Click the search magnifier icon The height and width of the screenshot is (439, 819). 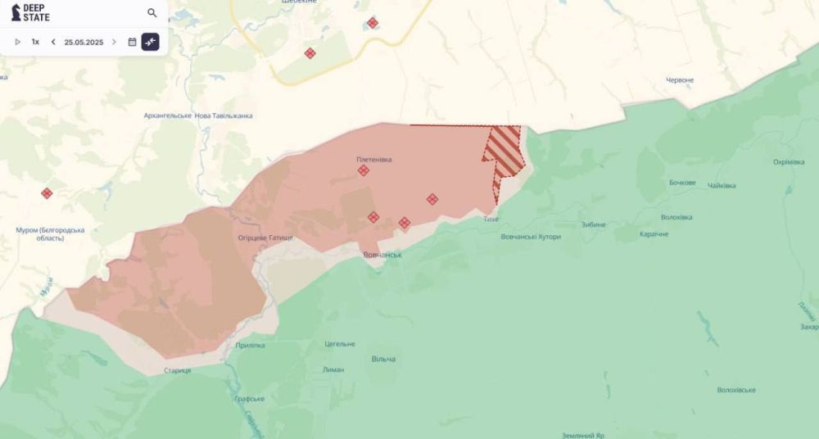click(x=152, y=13)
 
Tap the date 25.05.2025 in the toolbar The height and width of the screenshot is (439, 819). click(x=84, y=42)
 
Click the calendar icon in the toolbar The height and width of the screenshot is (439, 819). click(x=132, y=42)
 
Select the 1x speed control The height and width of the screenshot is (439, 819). click(x=35, y=42)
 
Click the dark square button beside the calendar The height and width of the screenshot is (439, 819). click(x=150, y=42)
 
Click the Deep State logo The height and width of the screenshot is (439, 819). click(x=29, y=13)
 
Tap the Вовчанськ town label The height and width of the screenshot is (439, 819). click(x=382, y=256)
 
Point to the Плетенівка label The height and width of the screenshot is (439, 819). click(x=373, y=160)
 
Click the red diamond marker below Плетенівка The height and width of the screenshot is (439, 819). click(x=363, y=170)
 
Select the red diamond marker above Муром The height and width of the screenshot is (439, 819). click(x=47, y=193)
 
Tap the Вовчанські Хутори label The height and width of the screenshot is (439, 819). click(x=531, y=237)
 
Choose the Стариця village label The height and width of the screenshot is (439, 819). click(x=177, y=371)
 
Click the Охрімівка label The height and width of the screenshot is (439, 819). click(x=789, y=162)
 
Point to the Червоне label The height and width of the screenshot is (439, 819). click(x=680, y=80)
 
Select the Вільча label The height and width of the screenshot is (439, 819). click(x=382, y=360)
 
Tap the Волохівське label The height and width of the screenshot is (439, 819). click(x=735, y=390)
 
